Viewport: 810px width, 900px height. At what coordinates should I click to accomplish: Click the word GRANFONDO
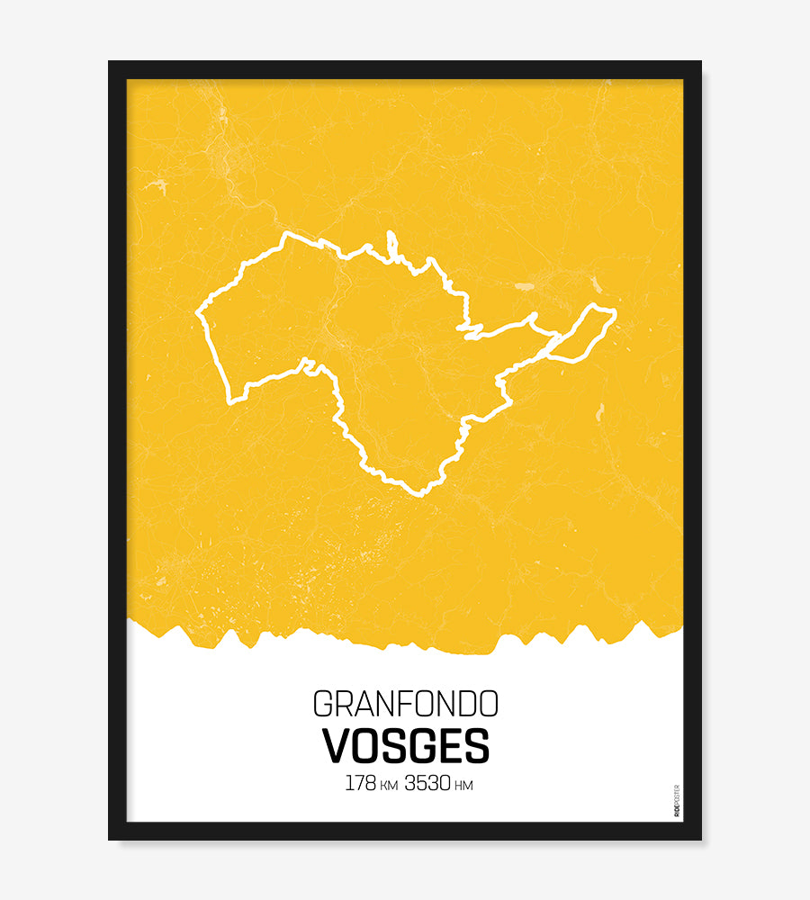405,703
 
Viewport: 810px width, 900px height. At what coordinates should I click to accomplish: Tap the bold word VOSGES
406,745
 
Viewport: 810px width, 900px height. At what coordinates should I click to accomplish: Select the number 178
360,783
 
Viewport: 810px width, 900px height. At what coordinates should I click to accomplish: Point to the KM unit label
389,786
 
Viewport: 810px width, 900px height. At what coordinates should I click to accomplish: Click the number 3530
427,783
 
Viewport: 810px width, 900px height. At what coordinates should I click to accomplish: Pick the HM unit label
463,786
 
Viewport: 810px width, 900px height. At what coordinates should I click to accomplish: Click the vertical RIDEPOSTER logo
677,800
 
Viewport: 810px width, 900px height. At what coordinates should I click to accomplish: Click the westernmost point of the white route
197,313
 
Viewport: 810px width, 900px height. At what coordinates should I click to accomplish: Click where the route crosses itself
553,344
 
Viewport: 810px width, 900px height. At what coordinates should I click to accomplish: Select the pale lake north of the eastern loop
524,287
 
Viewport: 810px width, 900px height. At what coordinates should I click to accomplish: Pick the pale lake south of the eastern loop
599,412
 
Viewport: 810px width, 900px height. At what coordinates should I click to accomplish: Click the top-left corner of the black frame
110,62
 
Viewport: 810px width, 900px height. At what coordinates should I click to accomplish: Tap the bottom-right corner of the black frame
700,839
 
